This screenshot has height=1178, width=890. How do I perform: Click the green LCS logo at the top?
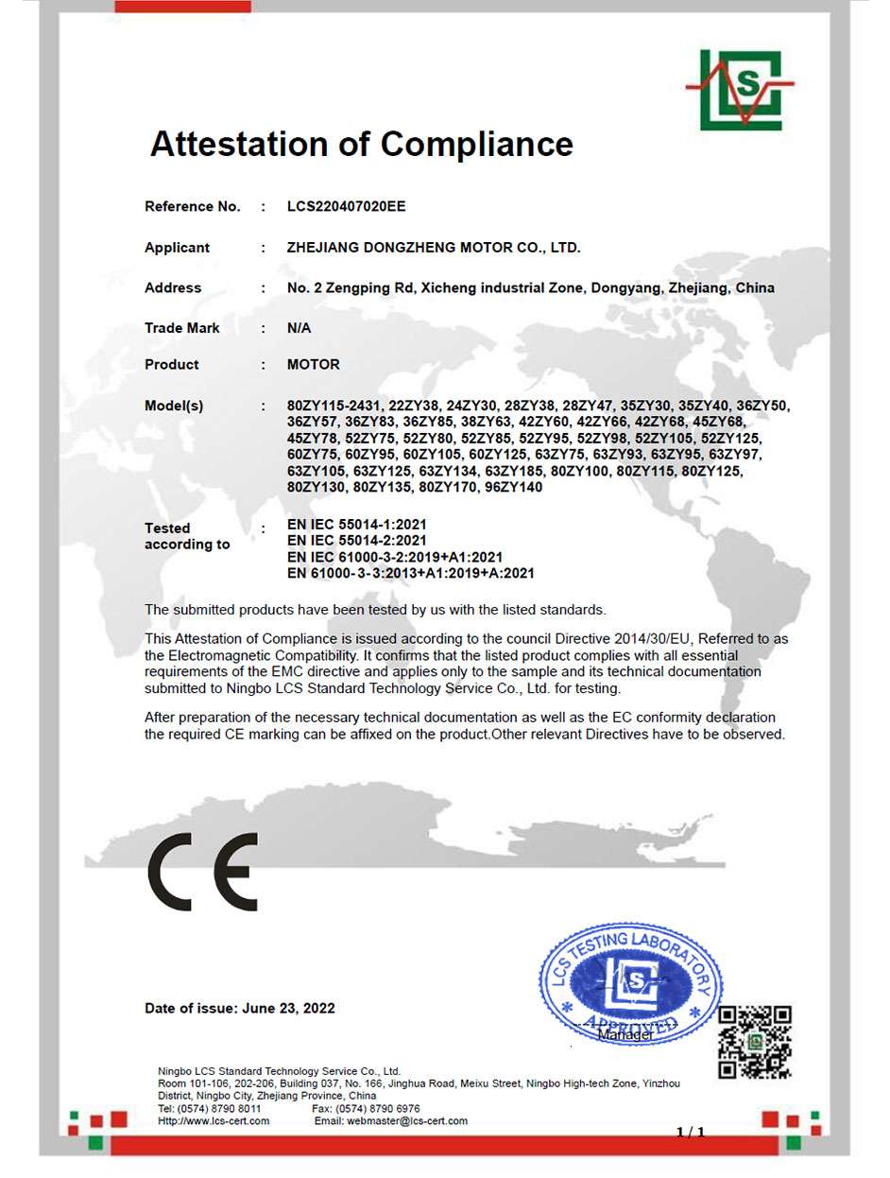pos(740,90)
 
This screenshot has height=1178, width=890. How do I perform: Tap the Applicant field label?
pos(177,248)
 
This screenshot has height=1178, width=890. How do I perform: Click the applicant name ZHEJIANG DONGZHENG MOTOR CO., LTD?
pos(434,248)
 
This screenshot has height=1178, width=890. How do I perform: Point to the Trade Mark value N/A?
pos(299,328)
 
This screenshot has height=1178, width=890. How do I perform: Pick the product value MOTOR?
pos(313,364)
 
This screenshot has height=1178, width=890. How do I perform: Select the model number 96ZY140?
pos(511,487)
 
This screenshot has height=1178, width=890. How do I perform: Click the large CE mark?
pos(202,872)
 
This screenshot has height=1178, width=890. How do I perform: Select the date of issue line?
pos(239,1008)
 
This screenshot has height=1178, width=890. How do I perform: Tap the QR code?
pos(754,1043)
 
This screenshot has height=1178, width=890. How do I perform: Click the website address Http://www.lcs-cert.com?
pos(214,1120)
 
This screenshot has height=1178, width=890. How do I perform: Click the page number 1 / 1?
pos(691,1132)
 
